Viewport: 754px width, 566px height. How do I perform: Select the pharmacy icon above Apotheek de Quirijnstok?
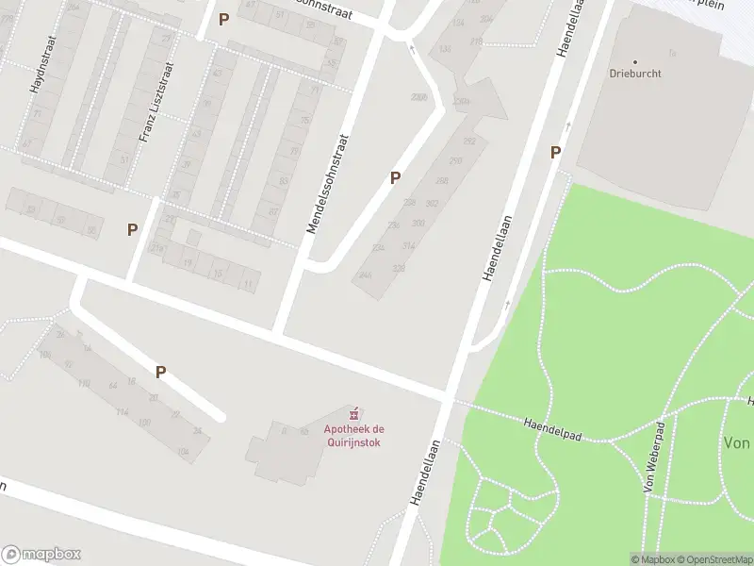pos(354,414)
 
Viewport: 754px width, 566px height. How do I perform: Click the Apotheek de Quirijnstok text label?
pos(353,436)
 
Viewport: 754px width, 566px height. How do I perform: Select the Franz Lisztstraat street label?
pos(156,102)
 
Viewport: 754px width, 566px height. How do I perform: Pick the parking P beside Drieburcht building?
pos(556,152)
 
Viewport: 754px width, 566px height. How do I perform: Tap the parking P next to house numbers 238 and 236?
pos(395,176)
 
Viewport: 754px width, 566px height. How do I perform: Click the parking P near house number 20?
pos(160,372)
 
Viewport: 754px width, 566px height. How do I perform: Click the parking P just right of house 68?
pos(132,228)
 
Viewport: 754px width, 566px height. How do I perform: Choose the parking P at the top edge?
pos(223,19)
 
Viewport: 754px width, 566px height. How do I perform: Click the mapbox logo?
pos(41,555)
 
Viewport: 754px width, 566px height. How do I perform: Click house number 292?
pos(469,141)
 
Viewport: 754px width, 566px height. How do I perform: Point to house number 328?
pos(399,269)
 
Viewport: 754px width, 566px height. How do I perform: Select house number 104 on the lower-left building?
pos(182,453)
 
